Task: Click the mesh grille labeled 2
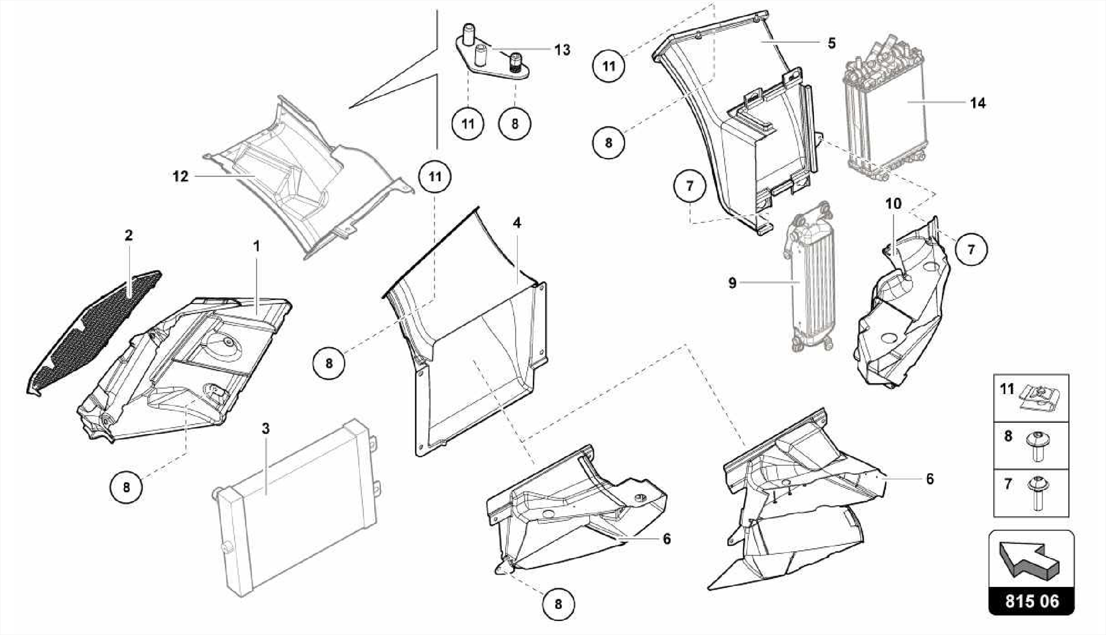point(92,329)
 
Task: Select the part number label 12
point(180,177)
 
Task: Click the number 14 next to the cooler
point(977,103)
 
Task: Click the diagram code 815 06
point(1031,602)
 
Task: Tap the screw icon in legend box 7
point(1037,493)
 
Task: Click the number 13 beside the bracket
point(562,50)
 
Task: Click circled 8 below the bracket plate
point(515,124)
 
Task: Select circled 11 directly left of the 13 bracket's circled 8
point(468,124)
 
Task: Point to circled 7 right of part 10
point(971,249)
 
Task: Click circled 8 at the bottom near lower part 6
point(558,604)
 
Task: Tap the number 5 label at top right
point(832,43)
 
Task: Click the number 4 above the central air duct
point(517,222)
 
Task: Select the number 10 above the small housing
point(893,204)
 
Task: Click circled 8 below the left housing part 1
point(126,488)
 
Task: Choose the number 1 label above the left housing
point(257,246)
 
